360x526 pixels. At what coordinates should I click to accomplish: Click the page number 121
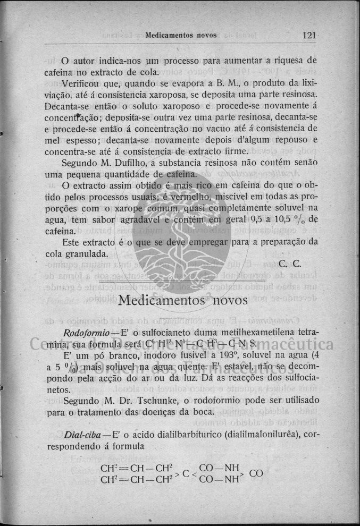point(309,36)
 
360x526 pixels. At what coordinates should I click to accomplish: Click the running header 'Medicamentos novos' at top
point(181,36)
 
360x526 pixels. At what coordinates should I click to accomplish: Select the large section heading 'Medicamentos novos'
point(182,300)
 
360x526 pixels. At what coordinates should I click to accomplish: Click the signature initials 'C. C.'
point(290,263)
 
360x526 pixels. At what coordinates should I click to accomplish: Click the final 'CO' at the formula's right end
point(256,473)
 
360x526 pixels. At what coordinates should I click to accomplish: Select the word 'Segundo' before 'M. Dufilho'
point(80,163)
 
